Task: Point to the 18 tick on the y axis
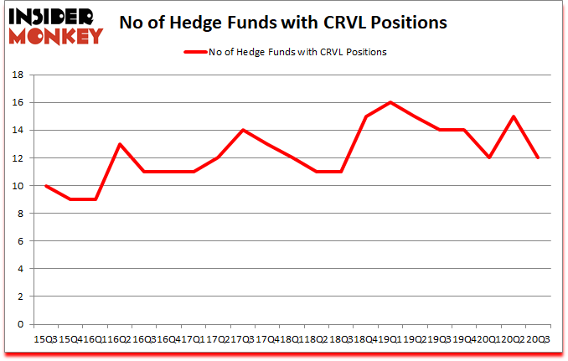click(x=20, y=75)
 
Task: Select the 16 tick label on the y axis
click(x=20, y=102)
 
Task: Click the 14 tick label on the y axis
click(x=20, y=130)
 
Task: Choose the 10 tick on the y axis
click(x=20, y=186)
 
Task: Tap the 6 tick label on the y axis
click(x=23, y=241)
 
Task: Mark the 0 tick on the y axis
click(x=23, y=324)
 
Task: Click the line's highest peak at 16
click(x=390, y=102)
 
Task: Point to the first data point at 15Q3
click(x=45, y=186)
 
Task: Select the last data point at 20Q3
click(x=539, y=157)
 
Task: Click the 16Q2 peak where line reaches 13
click(x=120, y=144)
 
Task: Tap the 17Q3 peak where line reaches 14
click(x=243, y=130)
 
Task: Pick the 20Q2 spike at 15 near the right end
click(x=514, y=116)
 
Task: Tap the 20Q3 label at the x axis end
click(x=538, y=338)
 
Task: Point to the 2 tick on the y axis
click(x=23, y=297)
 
